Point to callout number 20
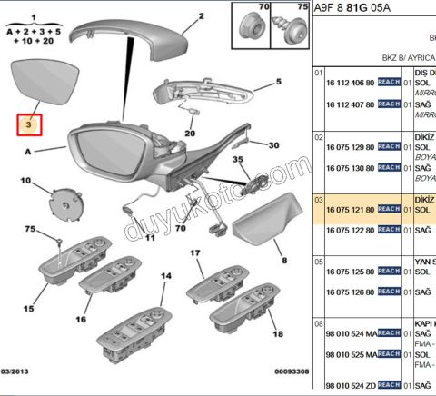point(189,134)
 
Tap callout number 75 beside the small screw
point(54,229)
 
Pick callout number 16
point(81,319)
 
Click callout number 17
point(194,252)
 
